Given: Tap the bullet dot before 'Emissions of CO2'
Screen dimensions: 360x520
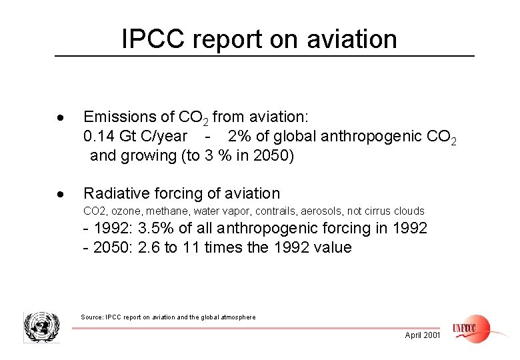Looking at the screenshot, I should tap(61, 118).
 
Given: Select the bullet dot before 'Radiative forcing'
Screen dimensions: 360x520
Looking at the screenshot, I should tap(61, 195).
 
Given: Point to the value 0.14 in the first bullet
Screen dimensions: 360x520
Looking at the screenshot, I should tap(99, 137).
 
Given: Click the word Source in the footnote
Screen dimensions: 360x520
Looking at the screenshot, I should tap(93, 317).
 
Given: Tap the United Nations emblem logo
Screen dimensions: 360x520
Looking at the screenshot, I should tap(41, 327).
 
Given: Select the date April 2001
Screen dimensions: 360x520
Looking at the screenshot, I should tap(423, 335).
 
